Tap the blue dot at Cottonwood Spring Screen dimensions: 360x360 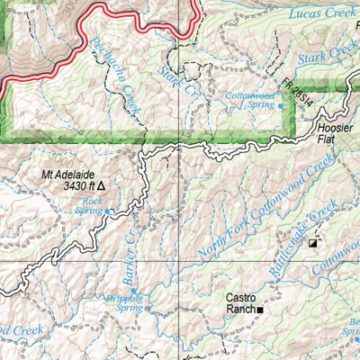coord(280,106)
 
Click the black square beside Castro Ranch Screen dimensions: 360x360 coord(261,310)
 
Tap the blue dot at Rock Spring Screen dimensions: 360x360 coord(108,211)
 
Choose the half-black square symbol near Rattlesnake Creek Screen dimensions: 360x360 coord(312,243)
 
